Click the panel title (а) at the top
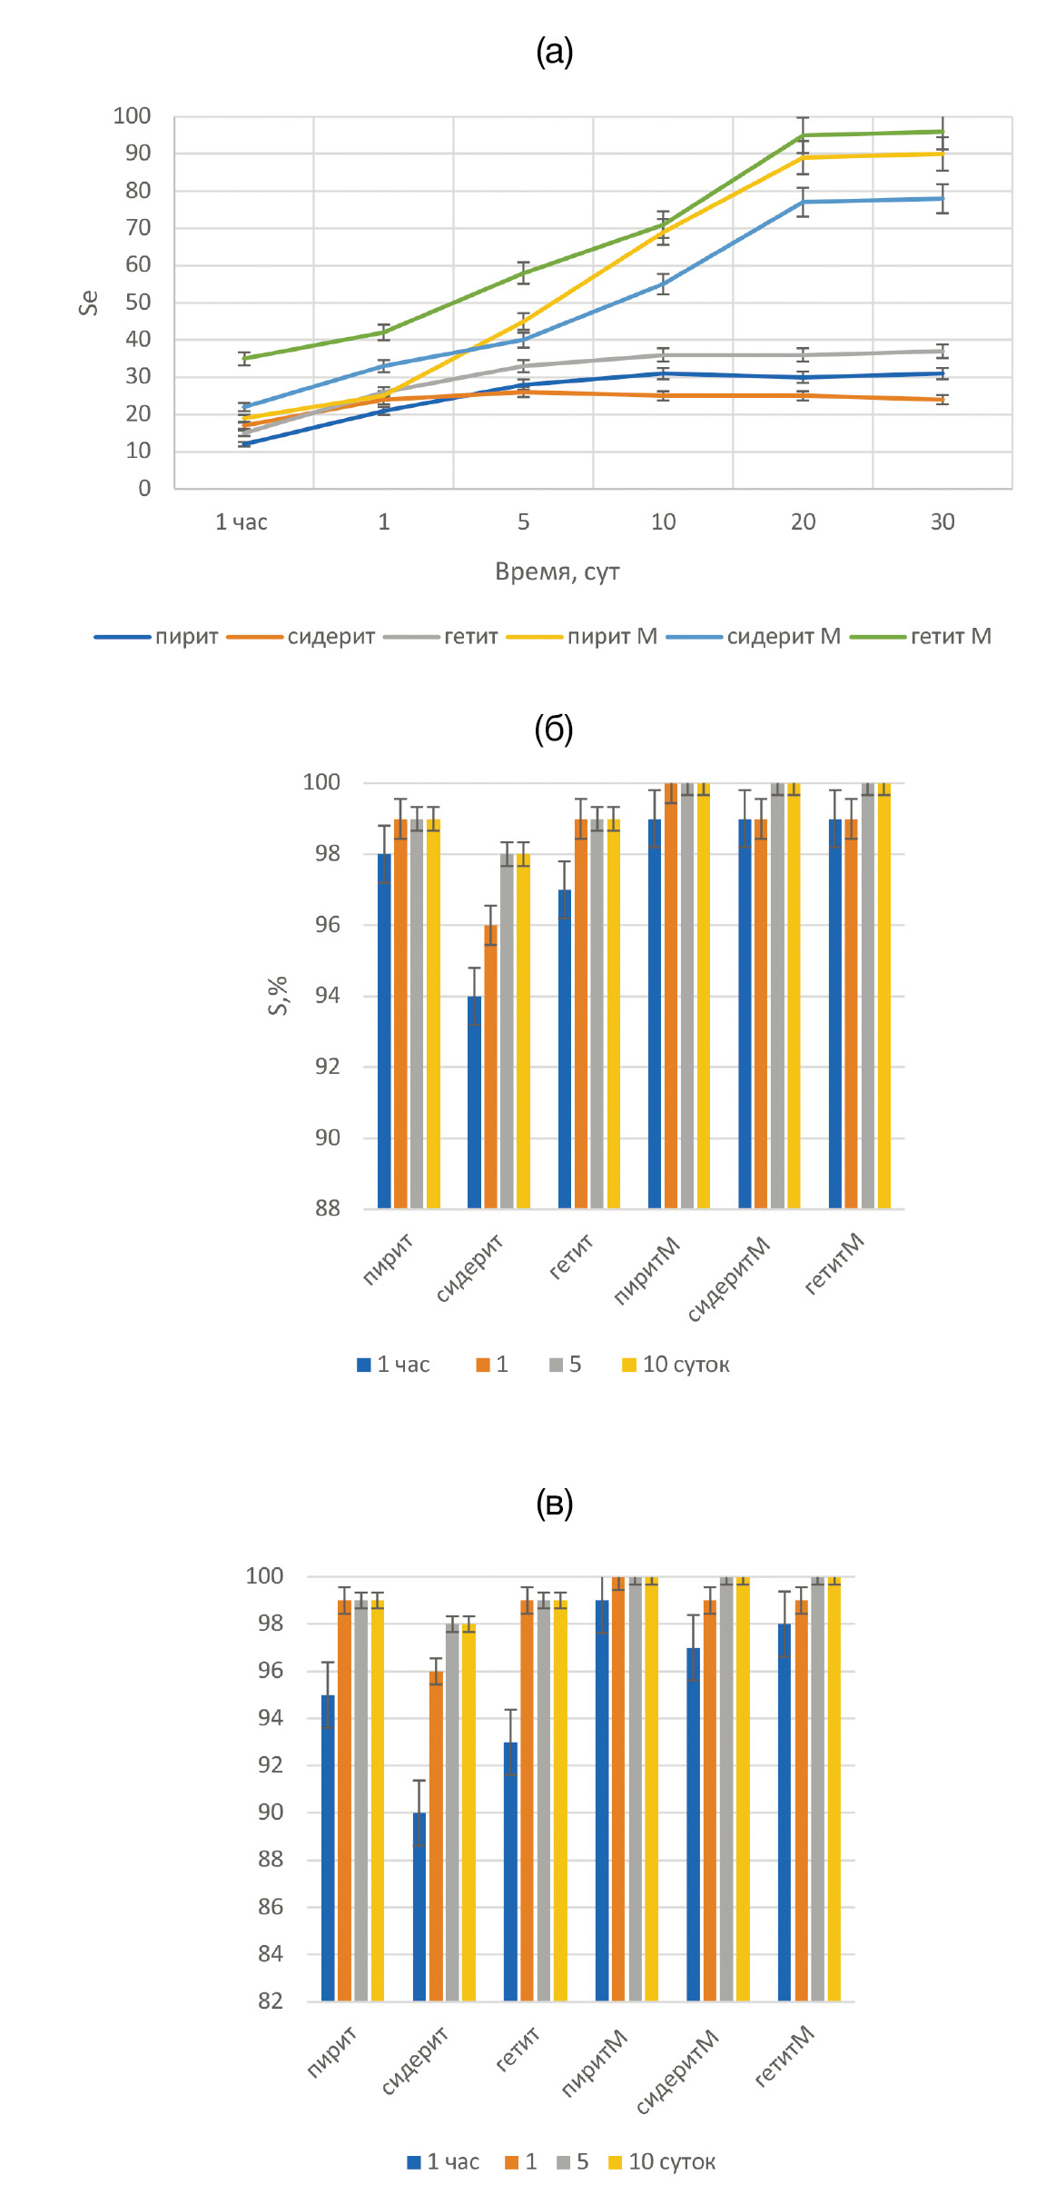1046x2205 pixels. coord(554,53)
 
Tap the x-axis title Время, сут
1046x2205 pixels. coord(557,571)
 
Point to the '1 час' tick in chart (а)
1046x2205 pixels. coord(242,522)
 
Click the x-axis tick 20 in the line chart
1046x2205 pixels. coord(803,522)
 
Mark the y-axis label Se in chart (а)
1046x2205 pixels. coord(88,302)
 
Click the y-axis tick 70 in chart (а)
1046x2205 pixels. coord(138,228)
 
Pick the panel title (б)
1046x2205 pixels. coord(554,730)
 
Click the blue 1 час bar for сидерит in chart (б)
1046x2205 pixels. coord(474,1104)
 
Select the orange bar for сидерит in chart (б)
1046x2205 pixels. coord(490,1068)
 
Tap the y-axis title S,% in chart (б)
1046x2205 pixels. coord(278,995)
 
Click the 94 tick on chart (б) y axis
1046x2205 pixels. coord(327,996)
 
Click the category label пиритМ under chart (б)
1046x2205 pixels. coord(646,1270)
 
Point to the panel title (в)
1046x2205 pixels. coord(554,1504)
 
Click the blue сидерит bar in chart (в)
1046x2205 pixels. coord(419,1908)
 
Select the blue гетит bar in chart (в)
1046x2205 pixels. coord(511,1872)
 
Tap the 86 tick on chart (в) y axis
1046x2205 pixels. coord(271,1907)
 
